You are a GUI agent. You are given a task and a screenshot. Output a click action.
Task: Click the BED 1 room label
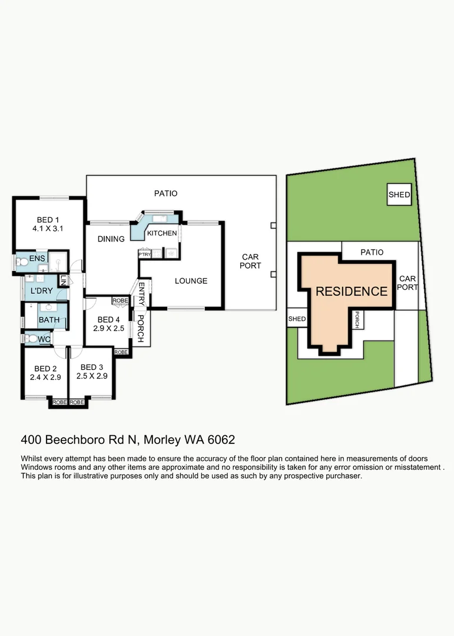pos(48,217)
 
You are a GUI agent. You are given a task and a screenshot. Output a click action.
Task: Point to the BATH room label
pos(48,320)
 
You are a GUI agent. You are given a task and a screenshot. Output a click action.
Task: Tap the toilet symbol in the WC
pos(26,339)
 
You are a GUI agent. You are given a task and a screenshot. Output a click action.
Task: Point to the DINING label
pos(111,239)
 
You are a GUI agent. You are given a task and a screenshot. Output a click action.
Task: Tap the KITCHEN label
pos(162,234)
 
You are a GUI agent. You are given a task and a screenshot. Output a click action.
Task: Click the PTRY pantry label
pos(145,254)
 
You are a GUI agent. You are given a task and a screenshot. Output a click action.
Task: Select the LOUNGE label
pos(191,281)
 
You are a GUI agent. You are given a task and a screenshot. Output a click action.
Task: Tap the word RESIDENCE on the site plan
pos(352,291)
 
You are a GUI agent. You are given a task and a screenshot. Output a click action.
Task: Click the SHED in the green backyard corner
pos(399,195)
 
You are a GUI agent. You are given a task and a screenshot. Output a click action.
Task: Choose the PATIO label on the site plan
pos(372,252)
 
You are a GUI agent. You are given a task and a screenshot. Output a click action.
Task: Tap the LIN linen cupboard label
pos(63,281)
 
